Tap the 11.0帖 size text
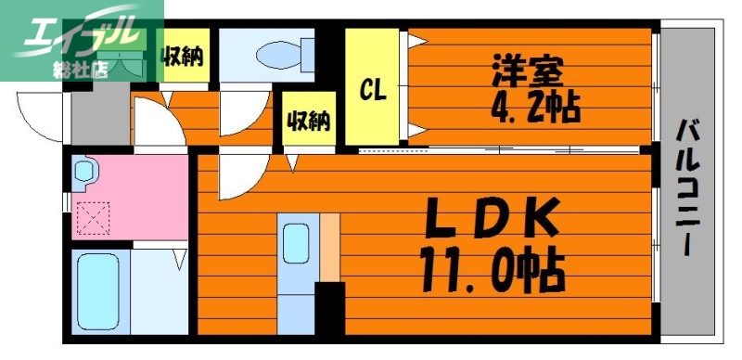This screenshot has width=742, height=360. [492, 269]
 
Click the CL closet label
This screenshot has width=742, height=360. [373, 89]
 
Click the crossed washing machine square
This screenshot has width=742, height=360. [94, 218]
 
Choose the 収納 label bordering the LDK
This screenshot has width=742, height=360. [306, 120]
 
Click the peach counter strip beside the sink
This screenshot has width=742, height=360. [330, 246]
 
